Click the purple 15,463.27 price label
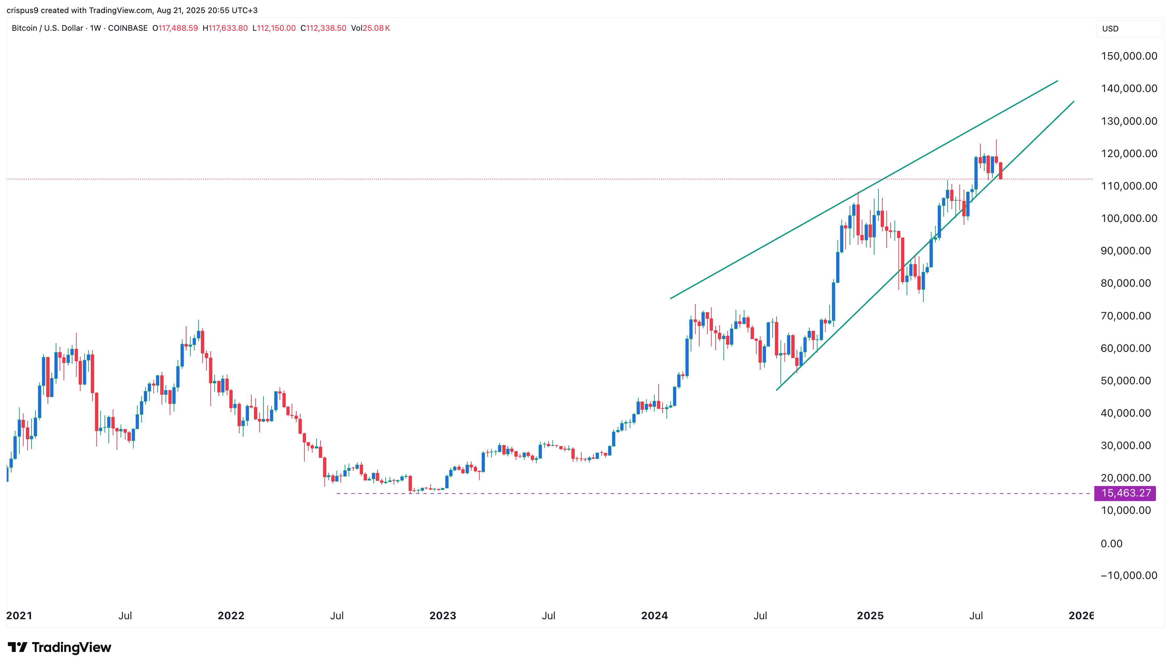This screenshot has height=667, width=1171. (x=1125, y=494)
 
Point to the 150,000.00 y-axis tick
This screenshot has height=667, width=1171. (x=1129, y=56)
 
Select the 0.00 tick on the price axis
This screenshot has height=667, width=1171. (x=1111, y=543)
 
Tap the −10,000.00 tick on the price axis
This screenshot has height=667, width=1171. (x=1128, y=575)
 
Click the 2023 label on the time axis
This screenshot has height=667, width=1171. (x=442, y=615)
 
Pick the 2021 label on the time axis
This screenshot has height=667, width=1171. (x=19, y=615)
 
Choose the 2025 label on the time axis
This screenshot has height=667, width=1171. (x=870, y=615)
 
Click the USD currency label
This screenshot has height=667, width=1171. (x=1110, y=28)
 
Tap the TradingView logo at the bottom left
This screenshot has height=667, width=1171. (x=60, y=647)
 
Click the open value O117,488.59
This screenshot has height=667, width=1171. (x=175, y=28)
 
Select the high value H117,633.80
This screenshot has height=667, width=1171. (x=225, y=28)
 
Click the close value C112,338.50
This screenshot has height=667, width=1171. (x=323, y=28)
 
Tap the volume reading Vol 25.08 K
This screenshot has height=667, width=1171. (x=371, y=28)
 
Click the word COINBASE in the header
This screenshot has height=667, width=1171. (x=127, y=28)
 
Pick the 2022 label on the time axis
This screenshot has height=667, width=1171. (x=231, y=615)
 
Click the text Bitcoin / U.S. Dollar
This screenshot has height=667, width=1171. (x=47, y=28)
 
